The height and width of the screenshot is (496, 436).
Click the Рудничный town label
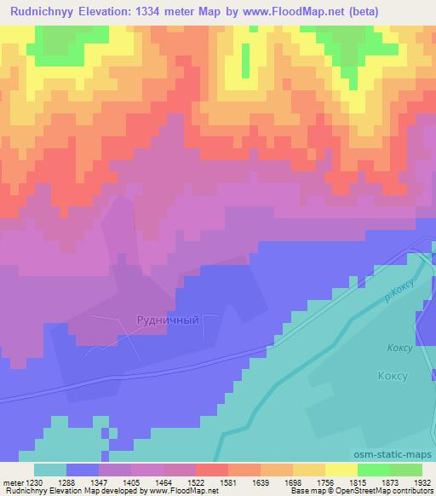pos(168,320)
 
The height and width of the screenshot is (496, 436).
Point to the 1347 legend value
pos(115,482)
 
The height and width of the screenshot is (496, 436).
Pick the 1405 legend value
pos(147,482)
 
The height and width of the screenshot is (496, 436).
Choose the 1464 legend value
pos(180,482)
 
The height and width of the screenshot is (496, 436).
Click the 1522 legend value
pos(212,482)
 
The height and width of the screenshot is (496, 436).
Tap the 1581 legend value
pos(244,482)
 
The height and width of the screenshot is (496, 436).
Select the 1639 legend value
pos(277,482)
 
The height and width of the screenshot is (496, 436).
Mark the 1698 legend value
pos(309,482)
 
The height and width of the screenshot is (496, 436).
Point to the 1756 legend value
pos(341,482)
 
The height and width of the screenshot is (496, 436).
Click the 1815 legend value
pos(374,482)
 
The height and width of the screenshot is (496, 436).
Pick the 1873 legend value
pos(406,482)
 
